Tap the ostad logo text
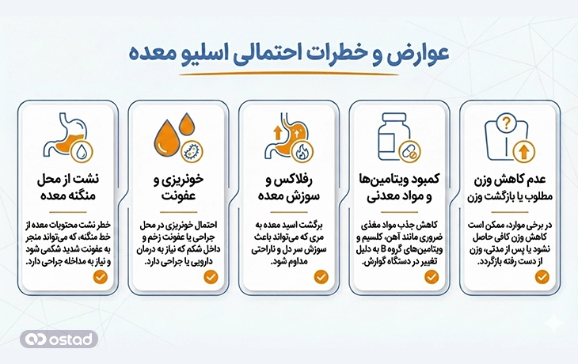72,339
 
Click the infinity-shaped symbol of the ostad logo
36,339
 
